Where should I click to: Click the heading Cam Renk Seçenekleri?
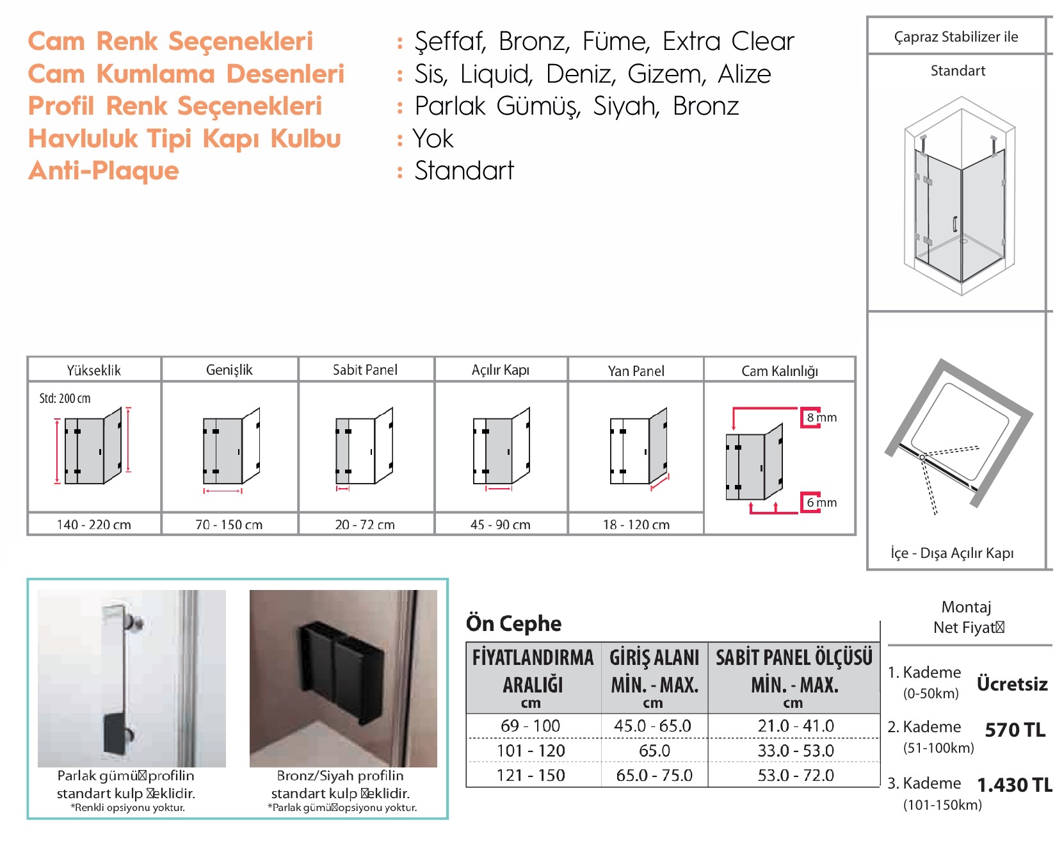click(170, 42)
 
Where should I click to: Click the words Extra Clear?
click(728, 42)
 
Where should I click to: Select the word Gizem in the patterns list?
click(666, 74)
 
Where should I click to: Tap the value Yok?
click(433, 139)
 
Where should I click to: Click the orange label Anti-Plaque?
click(104, 171)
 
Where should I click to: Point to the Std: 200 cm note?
click(65, 398)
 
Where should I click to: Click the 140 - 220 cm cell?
click(93, 525)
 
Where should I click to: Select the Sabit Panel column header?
click(365, 370)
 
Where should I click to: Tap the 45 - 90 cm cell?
click(500, 525)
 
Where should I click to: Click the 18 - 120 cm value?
click(636, 525)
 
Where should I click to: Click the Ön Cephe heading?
click(513, 623)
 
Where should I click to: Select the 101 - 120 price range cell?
click(531, 751)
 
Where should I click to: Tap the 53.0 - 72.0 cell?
click(795, 776)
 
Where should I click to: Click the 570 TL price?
click(1015, 730)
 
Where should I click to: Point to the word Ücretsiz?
click(1011, 684)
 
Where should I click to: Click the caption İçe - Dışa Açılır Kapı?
click(952, 553)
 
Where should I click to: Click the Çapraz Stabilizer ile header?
click(956, 37)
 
